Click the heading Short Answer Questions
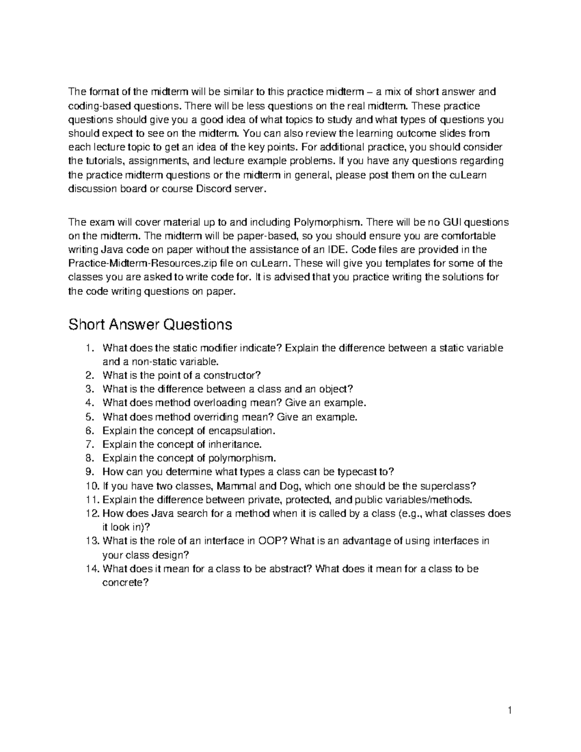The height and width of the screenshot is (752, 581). click(x=150, y=324)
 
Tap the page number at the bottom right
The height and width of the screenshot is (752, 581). click(x=510, y=711)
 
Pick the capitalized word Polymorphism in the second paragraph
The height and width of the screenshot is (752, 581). click(x=327, y=222)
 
